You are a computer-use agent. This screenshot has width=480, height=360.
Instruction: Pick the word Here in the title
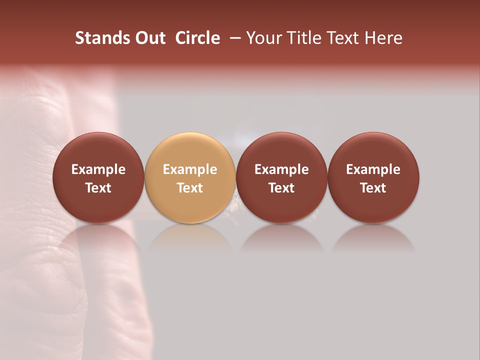(383, 38)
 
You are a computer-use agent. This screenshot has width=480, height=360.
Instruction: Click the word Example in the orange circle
(189, 169)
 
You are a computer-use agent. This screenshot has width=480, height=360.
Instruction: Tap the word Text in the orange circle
(189, 188)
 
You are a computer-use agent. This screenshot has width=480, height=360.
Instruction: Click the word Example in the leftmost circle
(98, 169)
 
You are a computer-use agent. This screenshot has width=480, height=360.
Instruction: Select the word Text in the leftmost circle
(98, 188)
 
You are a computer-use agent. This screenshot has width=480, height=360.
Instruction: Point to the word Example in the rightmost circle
(373, 169)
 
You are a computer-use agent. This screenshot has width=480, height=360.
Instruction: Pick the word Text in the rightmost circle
(373, 188)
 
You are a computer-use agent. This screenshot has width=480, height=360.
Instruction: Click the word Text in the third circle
(281, 188)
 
